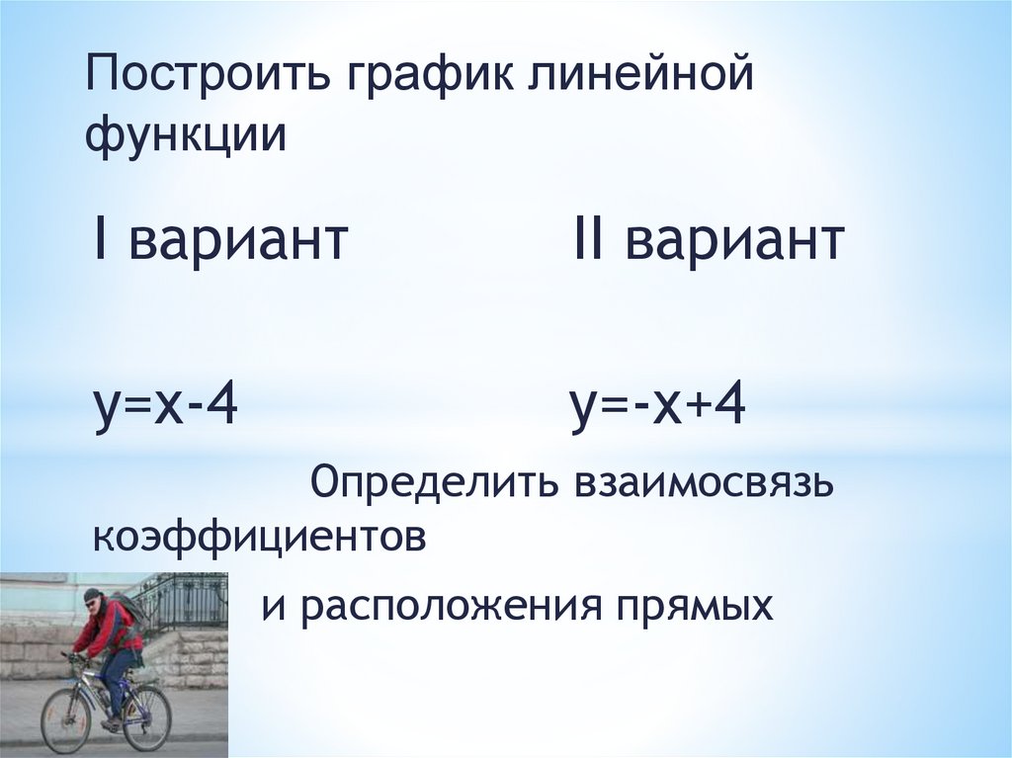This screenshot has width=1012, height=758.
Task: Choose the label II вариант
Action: pos(708,240)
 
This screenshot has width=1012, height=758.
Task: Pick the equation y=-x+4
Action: pos(657,405)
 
